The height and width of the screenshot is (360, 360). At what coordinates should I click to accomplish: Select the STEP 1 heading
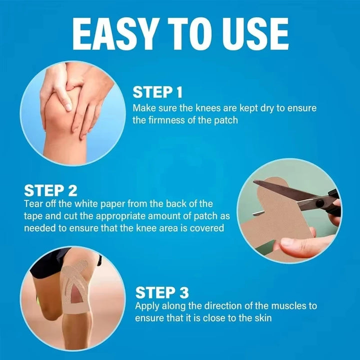157,92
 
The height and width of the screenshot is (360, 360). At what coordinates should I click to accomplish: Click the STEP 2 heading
50,190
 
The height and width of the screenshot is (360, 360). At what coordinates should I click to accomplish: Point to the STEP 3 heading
162,292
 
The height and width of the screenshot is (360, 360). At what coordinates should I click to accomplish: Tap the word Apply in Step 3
147,305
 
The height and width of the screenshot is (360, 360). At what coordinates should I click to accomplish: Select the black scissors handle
327,202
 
